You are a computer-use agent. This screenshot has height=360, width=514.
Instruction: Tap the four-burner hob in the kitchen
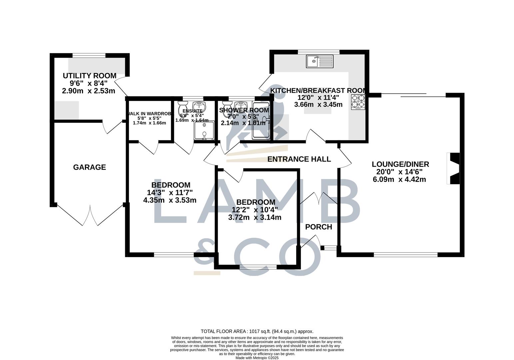[358, 102]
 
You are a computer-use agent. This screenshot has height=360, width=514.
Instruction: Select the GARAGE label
[89, 167]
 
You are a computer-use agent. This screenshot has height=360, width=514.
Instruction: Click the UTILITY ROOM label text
[89, 76]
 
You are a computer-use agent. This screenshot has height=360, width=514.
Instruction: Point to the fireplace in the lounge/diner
[453, 168]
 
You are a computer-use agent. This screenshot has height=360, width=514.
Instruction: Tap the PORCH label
[318, 227]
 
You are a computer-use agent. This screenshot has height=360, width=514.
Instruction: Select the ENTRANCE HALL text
[299, 159]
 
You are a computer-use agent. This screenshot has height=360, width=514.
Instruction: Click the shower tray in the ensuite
[204, 131]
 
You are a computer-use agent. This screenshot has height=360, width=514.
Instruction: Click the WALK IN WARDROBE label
[150, 114]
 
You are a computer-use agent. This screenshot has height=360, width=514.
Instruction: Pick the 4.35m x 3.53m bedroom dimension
[170, 200]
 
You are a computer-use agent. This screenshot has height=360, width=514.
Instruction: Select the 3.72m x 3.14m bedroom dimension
[255, 218]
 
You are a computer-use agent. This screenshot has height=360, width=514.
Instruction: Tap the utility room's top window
[89, 55]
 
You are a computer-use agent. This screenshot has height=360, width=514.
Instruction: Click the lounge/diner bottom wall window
[405, 255]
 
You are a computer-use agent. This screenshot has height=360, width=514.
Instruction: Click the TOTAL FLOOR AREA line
[257, 331]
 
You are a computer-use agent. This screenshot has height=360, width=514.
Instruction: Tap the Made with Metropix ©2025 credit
[257, 358]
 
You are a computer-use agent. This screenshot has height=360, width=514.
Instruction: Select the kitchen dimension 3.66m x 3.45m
[318, 105]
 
